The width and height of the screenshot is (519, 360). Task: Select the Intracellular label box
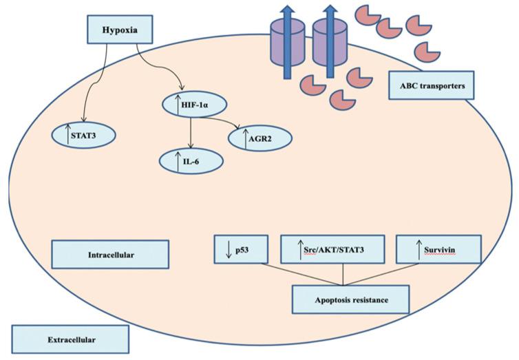pyautogui.click(x=110, y=254)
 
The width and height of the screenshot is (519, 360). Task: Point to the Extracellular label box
pyautogui.click(x=70, y=339)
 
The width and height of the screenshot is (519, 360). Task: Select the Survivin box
pyautogui.click(x=438, y=249)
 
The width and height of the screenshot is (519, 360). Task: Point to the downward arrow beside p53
pyautogui.click(x=229, y=249)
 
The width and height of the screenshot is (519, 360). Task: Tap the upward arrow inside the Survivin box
pyautogui.click(x=419, y=249)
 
